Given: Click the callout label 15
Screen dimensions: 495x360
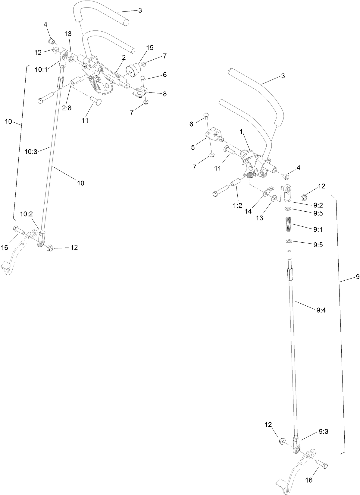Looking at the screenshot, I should (150, 48).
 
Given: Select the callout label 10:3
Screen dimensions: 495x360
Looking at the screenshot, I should (31, 152).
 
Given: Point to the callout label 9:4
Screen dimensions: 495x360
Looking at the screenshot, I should (321, 310).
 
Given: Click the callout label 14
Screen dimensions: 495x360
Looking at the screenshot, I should (248, 211).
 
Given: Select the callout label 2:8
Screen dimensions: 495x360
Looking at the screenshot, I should (67, 108).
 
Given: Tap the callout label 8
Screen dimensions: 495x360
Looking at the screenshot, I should (165, 94).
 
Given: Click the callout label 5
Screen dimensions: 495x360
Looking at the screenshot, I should (193, 147).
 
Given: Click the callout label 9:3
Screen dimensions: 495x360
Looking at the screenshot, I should (323, 432).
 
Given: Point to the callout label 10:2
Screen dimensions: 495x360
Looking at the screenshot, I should (27, 214).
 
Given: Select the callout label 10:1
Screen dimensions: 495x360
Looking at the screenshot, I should (41, 70).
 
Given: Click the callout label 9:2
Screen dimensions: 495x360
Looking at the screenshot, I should (318, 205).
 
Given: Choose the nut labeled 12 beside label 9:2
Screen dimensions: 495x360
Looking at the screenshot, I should (304, 197).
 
